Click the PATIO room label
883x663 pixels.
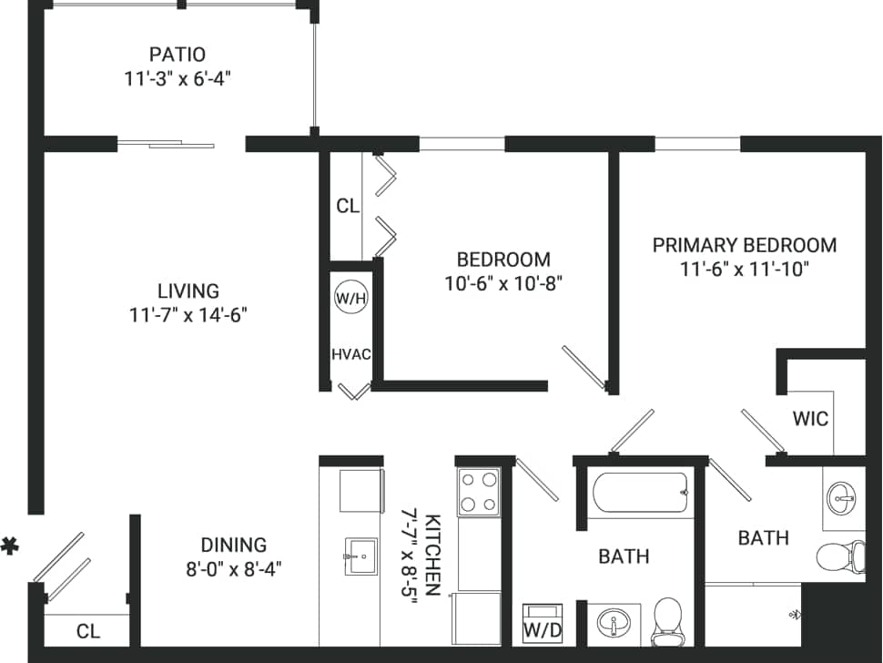[178, 54]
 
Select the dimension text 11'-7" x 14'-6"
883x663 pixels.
[188, 315]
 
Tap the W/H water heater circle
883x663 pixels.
[350, 298]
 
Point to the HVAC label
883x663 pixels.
[350, 354]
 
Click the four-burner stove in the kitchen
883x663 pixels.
[479, 492]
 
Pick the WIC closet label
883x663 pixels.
[810, 419]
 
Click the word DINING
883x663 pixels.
[234, 545]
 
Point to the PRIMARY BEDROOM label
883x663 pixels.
[744, 245]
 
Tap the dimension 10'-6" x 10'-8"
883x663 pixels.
[504, 283]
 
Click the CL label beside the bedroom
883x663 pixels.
[348, 207]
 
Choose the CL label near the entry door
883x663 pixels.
[88, 631]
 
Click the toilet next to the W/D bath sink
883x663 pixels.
[667, 620]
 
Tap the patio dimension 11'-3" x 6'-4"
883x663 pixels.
[178, 78]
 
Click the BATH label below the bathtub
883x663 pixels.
[624, 556]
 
